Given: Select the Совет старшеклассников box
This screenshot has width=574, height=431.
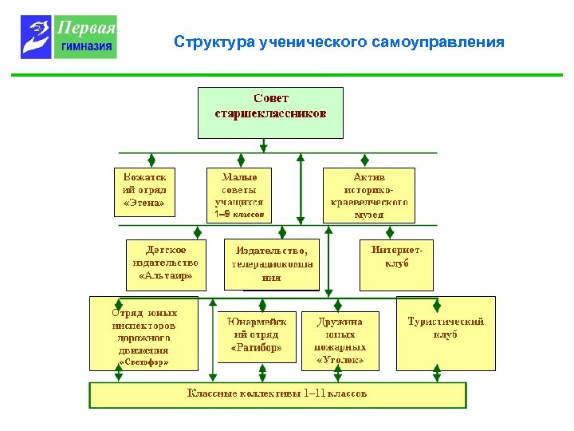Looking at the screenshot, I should click(270, 113).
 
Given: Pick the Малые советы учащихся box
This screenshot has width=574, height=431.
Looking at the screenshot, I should click(239, 194).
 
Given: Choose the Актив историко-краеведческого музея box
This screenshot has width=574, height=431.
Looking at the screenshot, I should click(368, 194).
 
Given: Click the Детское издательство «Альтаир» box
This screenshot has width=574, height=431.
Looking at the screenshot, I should click(166, 264).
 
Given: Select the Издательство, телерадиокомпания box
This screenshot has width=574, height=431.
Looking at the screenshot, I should click(271, 264).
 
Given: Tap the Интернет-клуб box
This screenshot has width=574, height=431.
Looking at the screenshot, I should click(396, 264).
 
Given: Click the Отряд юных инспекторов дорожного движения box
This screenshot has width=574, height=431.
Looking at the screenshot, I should click(143, 333).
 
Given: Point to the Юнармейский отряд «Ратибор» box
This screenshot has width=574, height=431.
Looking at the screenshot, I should click(256, 336).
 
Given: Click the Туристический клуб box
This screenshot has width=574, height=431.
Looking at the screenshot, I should click(445, 333).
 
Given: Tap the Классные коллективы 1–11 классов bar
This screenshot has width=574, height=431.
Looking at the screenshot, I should click(277, 394).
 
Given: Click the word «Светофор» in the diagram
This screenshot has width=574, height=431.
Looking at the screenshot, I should click(143, 362).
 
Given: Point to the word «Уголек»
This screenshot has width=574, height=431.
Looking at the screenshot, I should click(340, 360).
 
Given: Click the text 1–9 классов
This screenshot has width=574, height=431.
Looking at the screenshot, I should click(239, 215).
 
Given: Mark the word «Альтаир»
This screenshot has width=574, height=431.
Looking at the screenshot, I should click(166, 276).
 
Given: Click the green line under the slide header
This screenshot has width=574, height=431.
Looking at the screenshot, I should click(286, 76).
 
